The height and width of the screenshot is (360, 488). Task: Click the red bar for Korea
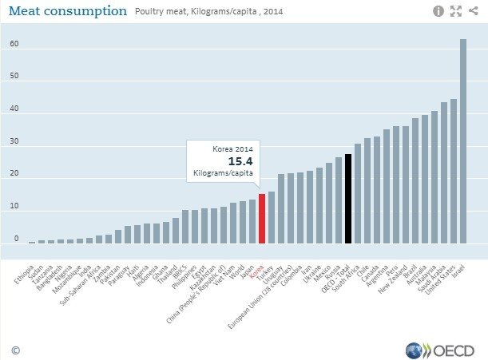tap(262, 218)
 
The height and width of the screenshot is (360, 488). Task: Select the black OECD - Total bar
tap(348, 199)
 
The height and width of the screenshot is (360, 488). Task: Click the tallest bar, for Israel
tap(463, 140)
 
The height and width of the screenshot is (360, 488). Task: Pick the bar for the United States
tap(454, 171)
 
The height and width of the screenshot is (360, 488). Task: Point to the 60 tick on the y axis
tap(14, 44)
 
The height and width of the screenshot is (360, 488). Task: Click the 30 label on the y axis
tap(14, 141)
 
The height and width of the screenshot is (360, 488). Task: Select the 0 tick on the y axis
tap(16, 239)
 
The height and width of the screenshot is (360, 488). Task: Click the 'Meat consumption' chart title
tap(67, 11)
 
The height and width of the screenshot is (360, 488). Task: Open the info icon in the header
tap(438, 11)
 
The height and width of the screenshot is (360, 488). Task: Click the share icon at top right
tap(474, 11)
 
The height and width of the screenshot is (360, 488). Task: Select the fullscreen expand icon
tap(456, 11)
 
